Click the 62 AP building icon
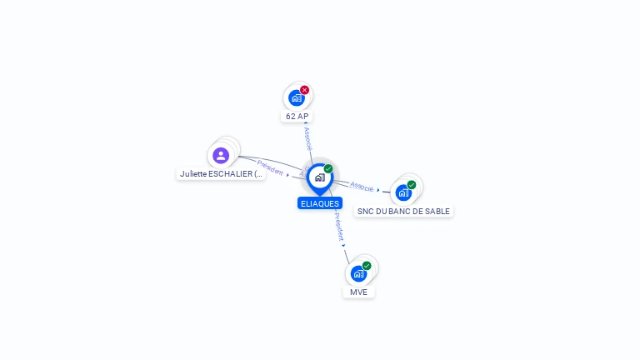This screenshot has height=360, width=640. tap(297, 98)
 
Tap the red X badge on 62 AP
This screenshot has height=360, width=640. tap(304, 90)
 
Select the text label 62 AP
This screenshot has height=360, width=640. tap(297, 117)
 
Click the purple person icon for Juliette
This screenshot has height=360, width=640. tap(221, 156)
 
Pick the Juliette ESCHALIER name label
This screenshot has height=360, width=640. tap(221, 174)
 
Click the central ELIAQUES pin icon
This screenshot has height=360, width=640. tap(320, 179)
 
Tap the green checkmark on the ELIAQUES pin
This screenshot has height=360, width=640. tap(328, 168)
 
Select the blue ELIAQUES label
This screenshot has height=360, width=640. tap(320, 203)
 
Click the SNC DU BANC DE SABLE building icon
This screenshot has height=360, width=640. tap(403, 193)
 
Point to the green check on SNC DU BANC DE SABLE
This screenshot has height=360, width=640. tap(412, 185)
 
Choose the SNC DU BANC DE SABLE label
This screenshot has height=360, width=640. tap(403, 212)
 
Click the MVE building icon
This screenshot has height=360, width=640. tap(359, 274)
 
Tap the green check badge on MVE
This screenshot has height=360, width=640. tap(367, 266)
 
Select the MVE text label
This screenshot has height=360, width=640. tap(359, 292)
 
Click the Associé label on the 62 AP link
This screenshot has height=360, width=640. tap(308, 139)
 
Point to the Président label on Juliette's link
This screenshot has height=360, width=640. tap(270, 167)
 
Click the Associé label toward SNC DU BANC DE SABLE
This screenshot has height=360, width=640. tap(362, 187)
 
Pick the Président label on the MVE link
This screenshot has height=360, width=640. tap(339, 227)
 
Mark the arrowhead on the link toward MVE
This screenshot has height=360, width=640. tap(343, 245)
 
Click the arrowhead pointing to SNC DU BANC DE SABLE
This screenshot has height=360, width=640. tap(378, 190)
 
